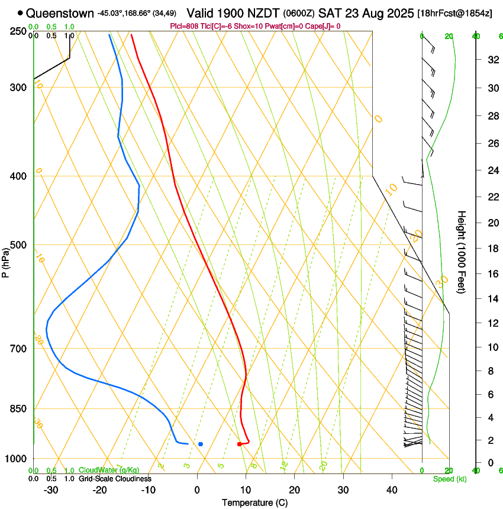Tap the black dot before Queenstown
coord(21,12)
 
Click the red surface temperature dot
coord(239,444)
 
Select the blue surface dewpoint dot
coord(201,444)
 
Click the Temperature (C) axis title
coord(254,502)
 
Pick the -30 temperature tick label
coord(51,489)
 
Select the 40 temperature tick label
coord(391,489)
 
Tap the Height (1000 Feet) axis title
coord(462,252)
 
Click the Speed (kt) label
coord(449,479)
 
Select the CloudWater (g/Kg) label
coord(108,470)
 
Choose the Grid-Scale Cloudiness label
coord(114,478)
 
